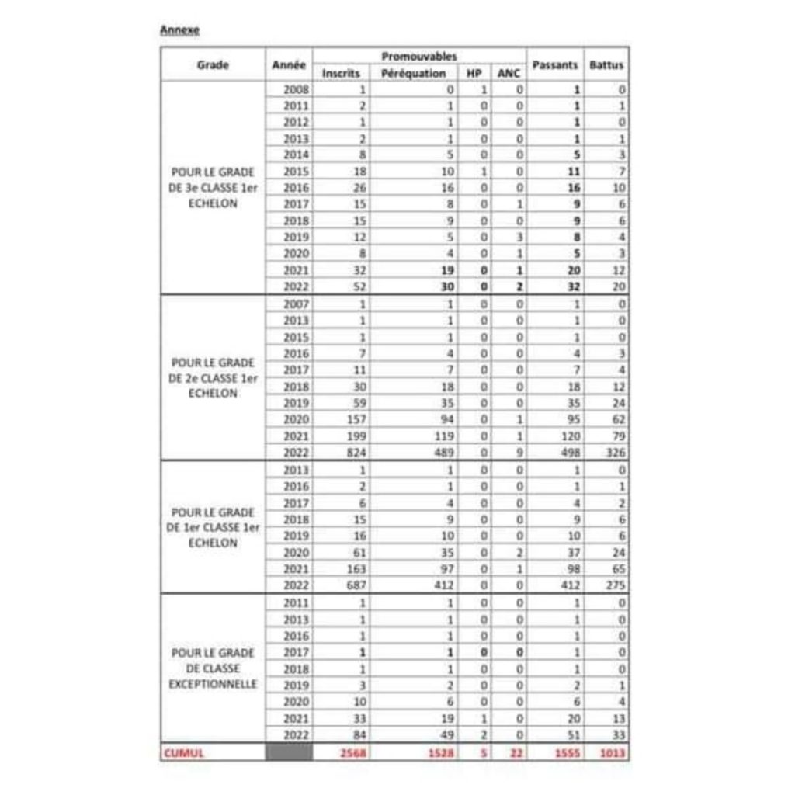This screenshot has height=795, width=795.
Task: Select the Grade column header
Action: tap(213, 65)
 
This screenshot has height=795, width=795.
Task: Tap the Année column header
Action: tap(289, 65)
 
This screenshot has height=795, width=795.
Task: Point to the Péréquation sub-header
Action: tap(414, 73)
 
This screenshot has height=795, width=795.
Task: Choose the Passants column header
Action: tap(555, 65)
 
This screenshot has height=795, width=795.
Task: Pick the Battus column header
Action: tap(606, 65)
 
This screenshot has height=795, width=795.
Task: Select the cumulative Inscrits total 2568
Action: tap(353, 752)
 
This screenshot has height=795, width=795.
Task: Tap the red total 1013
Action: tap(612, 752)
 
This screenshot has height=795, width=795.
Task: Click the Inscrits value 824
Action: tap(357, 452)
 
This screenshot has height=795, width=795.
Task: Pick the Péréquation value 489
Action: tap(442, 452)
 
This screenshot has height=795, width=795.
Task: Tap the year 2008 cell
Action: tap(297, 89)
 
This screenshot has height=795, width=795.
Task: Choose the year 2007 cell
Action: tap(297, 304)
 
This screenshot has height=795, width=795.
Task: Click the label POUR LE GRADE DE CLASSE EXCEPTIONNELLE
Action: tap(213, 668)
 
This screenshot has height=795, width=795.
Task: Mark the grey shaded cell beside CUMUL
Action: tap(289, 752)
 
